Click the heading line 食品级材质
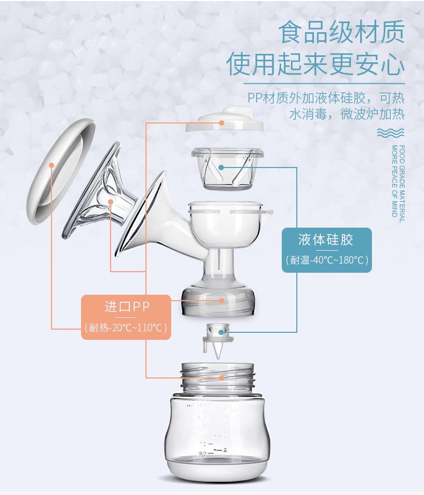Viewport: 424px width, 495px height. [x=341, y=33]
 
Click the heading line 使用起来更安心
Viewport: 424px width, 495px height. [x=316, y=64]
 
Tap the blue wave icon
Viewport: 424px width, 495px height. [x=391, y=133]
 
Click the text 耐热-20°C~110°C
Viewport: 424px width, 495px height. [x=126, y=326]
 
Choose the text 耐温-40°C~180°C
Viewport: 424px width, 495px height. [x=326, y=260]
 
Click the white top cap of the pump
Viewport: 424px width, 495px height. [x=224, y=119]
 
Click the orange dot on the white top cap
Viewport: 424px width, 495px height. [x=222, y=122]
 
